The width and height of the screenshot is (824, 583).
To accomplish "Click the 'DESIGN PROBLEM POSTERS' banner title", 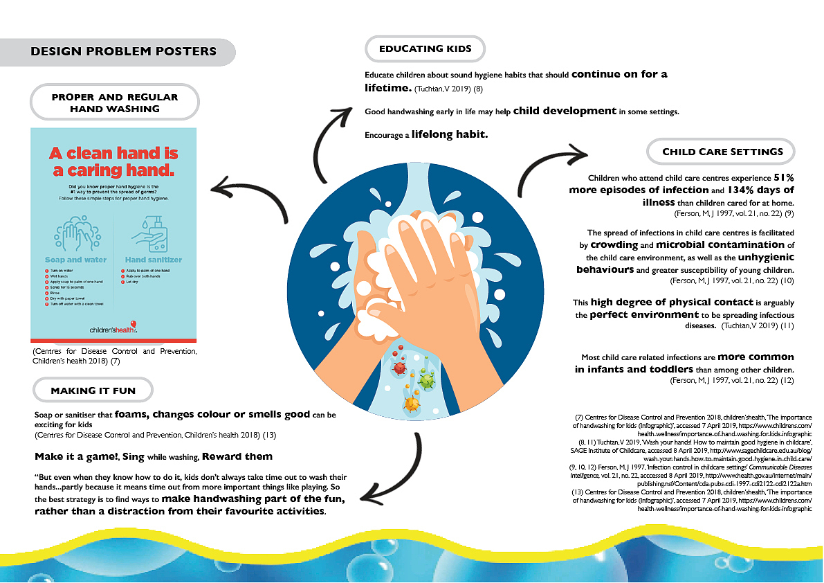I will pyautogui.click(x=124, y=51).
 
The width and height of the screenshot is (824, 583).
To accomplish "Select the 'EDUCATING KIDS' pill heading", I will pyautogui.click(x=425, y=48).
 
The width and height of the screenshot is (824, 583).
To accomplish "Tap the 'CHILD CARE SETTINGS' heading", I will pyautogui.click(x=722, y=152).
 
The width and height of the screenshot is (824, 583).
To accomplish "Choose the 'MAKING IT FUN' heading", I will pyautogui.click(x=93, y=391).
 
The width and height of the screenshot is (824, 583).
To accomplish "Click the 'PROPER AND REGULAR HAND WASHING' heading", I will pyautogui.click(x=115, y=102).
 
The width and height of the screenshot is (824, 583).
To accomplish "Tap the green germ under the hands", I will pyautogui.click(x=427, y=380).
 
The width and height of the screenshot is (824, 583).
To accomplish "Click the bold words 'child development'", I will pyautogui.click(x=565, y=111).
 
